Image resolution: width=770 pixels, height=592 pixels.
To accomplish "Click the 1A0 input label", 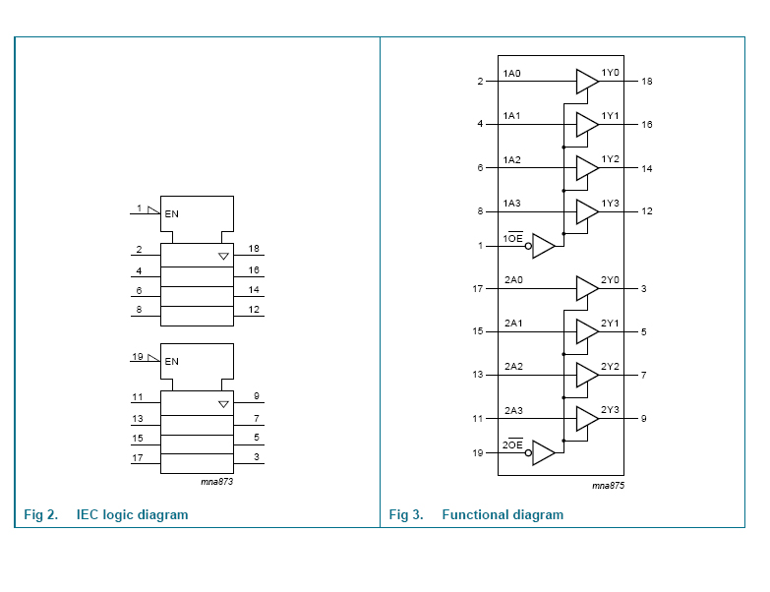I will (511, 73).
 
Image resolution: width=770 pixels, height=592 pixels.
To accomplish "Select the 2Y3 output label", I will (611, 409).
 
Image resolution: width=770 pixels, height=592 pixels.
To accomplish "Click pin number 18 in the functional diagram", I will (647, 82).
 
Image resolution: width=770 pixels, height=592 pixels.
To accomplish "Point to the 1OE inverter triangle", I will (544, 246).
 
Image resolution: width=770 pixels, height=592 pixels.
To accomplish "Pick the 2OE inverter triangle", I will (544, 453).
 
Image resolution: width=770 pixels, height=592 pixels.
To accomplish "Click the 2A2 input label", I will (513, 366).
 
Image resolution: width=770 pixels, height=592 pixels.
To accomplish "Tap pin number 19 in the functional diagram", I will (479, 453).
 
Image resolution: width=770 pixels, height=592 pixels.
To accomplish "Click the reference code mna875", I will (608, 485).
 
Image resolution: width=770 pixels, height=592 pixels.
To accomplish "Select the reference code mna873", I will (216, 482).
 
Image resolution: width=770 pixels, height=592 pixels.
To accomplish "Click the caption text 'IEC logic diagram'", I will (132, 514).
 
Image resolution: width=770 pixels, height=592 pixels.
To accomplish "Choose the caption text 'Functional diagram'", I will (503, 514).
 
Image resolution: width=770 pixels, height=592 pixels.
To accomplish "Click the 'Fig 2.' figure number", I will (41, 514).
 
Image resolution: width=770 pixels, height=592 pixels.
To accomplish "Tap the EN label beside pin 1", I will (172, 213).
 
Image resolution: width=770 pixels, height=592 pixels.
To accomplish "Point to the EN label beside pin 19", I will (172, 361).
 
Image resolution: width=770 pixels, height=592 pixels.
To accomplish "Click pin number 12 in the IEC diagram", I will (254, 311).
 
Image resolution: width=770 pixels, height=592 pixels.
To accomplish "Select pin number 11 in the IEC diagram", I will (139, 398).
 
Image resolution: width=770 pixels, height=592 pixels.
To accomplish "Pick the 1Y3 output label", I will (611, 203).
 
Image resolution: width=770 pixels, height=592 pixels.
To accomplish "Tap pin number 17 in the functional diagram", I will (479, 289).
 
